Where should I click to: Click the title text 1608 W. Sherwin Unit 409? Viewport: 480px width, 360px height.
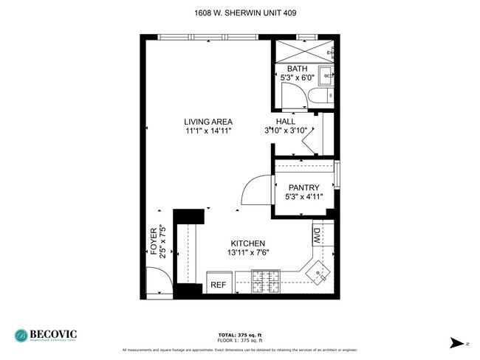240,13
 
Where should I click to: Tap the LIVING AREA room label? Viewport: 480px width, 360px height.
209,122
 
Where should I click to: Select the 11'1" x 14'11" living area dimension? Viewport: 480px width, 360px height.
209,131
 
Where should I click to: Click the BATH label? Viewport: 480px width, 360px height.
297,69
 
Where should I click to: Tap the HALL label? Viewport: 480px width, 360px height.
285,122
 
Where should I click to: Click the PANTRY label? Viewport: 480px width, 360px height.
303,187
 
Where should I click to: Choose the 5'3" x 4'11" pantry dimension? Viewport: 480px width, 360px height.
303,197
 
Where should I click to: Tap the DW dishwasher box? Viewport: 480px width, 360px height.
317,238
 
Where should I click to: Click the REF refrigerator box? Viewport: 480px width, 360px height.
218,284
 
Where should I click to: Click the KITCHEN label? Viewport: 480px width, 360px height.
247,243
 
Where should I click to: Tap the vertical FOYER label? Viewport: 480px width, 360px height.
154,240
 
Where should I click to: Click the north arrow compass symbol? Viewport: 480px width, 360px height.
456,342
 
